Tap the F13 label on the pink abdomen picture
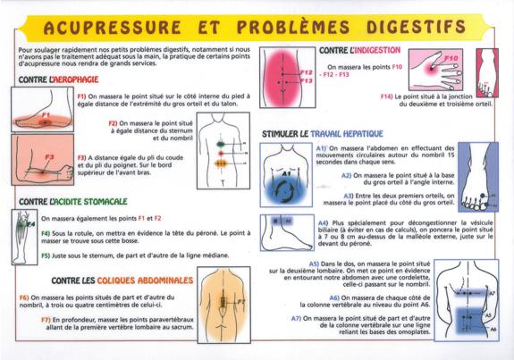coord(306,81)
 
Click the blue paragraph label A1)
coord(322,148)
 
